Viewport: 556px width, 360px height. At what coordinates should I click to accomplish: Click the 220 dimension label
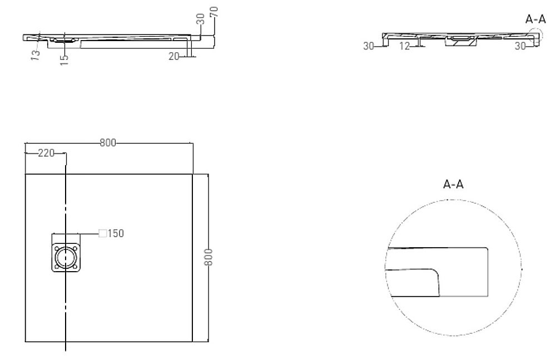45,153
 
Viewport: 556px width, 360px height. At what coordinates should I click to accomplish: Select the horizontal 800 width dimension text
107,143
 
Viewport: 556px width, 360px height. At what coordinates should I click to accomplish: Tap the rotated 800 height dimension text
209,258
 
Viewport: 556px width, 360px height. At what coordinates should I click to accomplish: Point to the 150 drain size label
116,233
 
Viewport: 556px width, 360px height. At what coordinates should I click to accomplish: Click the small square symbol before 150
102,233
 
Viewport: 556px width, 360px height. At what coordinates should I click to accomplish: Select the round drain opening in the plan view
66,258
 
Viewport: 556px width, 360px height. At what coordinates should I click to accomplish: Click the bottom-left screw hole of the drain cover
57,267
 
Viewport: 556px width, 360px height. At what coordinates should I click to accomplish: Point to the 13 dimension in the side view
35,54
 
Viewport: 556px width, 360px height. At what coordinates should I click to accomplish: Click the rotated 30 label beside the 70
200,20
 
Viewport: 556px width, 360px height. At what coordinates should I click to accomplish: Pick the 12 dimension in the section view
405,46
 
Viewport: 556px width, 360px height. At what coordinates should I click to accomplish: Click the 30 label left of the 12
369,46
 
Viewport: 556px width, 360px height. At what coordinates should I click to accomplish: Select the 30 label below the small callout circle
520,46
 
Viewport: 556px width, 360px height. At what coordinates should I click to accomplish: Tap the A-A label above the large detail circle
453,184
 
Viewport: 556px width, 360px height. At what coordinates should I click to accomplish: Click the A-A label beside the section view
535,19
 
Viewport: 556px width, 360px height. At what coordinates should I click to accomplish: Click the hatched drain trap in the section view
463,40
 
